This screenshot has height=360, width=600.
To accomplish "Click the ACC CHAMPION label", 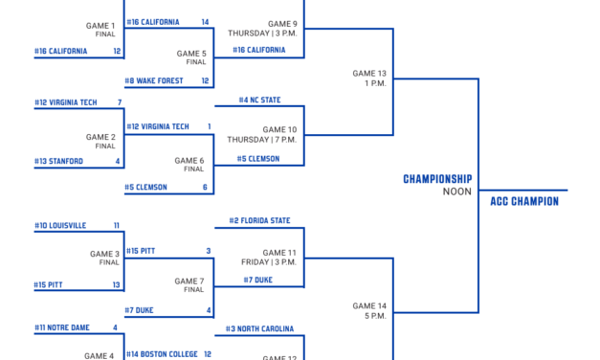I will (523, 202).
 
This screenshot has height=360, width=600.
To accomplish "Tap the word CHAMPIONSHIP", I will (437, 179).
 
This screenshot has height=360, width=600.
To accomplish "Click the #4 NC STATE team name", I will (261, 100).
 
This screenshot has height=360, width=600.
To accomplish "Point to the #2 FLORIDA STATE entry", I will (259, 221).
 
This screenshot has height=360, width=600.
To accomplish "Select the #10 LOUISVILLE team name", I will (60, 226).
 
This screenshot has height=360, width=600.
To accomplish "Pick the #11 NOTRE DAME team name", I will (62, 327).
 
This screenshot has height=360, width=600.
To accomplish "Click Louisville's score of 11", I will (117, 226).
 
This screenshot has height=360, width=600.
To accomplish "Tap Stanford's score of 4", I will (119, 162).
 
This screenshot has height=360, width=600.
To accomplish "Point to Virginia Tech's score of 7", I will (119, 102).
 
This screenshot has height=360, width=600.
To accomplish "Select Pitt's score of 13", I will (117, 284).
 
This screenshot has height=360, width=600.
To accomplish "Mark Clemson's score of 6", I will (206, 188).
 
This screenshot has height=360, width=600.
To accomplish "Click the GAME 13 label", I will (369, 73).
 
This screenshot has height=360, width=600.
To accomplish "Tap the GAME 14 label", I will (369, 305).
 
